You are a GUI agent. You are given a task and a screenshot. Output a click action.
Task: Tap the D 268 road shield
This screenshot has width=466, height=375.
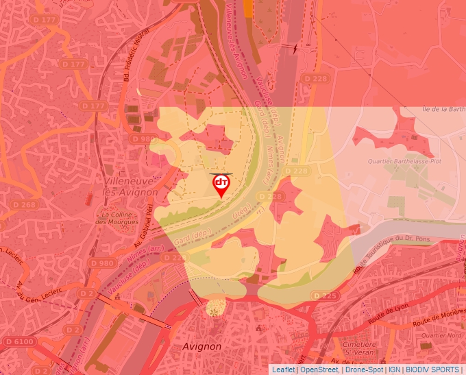tap(24, 205)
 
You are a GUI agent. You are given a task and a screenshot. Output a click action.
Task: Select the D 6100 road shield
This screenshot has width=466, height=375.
tap(19, 341)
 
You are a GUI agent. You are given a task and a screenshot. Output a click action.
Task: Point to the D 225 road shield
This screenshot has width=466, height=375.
tap(326, 295)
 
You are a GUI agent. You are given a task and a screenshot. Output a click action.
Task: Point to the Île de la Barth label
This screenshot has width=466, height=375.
tap(443, 109)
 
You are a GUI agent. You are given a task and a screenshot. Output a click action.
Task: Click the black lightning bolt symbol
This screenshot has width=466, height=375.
tap(295, 49)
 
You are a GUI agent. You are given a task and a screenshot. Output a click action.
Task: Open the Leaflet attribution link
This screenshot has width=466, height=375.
tap(283, 370)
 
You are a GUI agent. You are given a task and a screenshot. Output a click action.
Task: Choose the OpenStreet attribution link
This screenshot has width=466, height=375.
tap(319, 370)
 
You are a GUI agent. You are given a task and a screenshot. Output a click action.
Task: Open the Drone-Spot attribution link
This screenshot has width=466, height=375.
tap(364, 370)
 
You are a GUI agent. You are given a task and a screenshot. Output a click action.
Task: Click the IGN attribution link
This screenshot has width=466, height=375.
tap(394, 370)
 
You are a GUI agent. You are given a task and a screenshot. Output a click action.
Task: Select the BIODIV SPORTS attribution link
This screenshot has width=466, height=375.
tap(432, 370)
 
